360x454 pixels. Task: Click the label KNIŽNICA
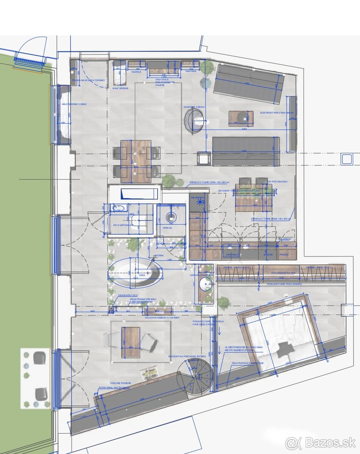pos(136,72)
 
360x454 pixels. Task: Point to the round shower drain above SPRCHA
pos(172,217)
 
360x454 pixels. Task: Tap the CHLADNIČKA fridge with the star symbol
pos(198,202)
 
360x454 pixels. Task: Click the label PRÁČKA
pos(284,255)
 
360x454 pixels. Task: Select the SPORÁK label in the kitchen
pos(268,255)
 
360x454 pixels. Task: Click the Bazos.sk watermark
pos(320,442)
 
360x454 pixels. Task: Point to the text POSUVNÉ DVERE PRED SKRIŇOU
pos(284,284)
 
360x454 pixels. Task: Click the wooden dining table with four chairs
pos(136,159)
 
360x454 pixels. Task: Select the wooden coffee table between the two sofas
pos(241,118)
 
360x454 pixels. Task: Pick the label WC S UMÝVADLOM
pos(123,225)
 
